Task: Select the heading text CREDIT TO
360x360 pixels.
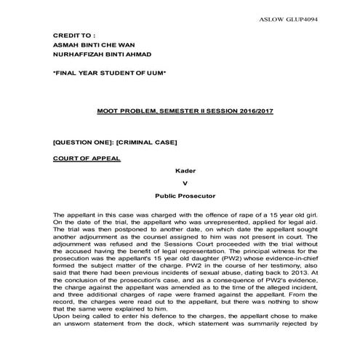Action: pyautogui.click(x=73, y=35)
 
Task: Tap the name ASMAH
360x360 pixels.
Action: pyautogui.click(x=68, y=44)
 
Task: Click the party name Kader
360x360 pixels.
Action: pyautogui.click(x=185, y=171)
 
